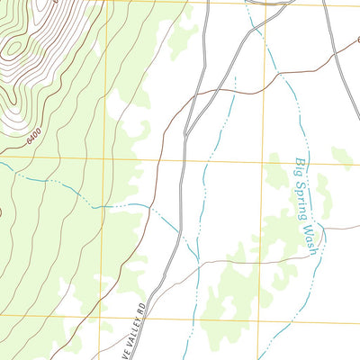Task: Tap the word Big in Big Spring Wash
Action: click(300, 168)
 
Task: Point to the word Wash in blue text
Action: click(310, 237)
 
